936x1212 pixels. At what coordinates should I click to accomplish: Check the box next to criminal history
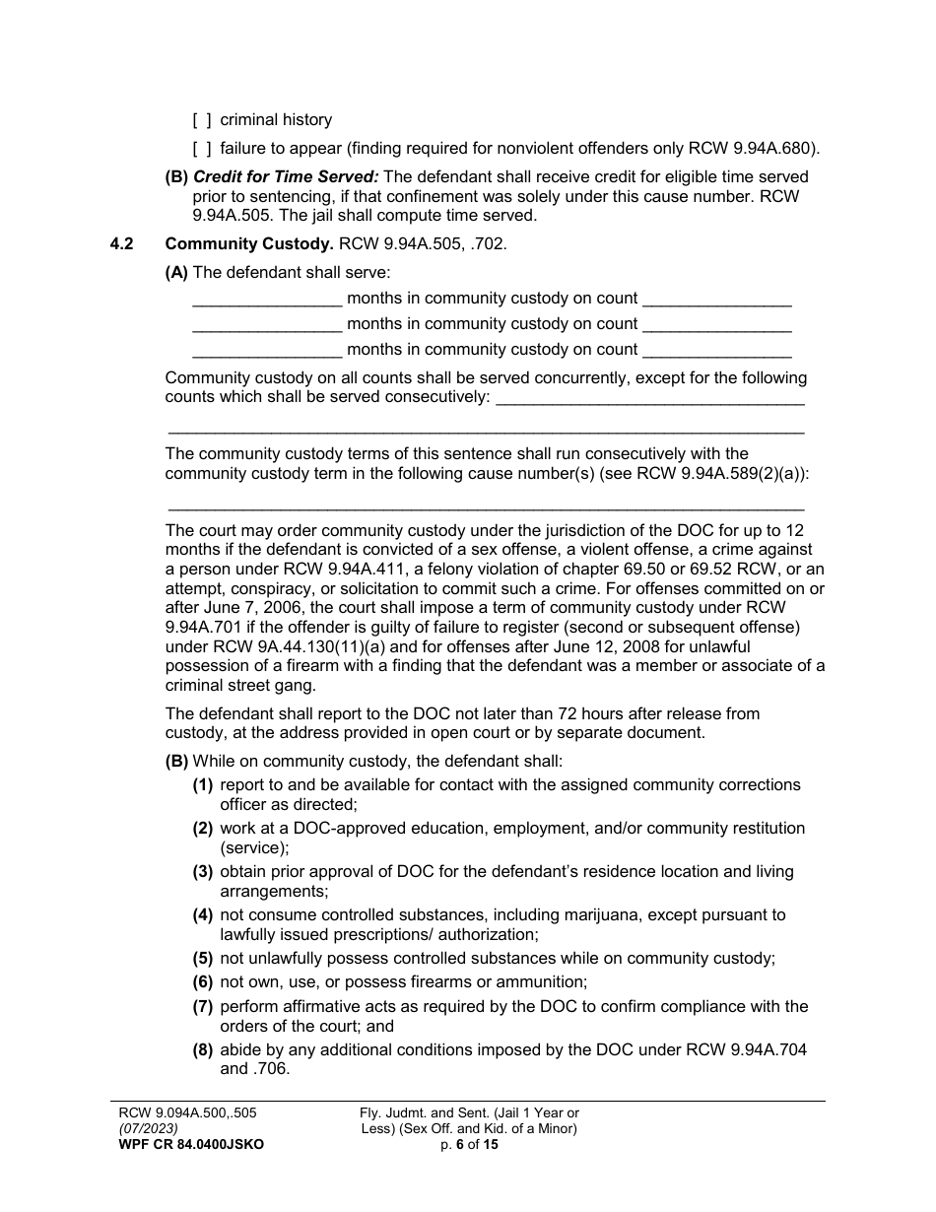pyautogui.click(x=201, y=120)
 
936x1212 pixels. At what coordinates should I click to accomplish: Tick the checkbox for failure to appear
pyautogui.click(x=201, y=150)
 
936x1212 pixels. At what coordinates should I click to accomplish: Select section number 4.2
pyautogui.click(x=120, y=243)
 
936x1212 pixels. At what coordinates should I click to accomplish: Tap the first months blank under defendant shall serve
pyautogui.click(x=266, y=300)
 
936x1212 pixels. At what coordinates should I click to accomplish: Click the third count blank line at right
pyautogui.click(x=716, y=351)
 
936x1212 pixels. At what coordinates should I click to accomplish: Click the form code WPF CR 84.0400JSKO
pyautogui.click(x=191, y=1145)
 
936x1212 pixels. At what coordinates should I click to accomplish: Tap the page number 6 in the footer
pyautogui.click(x=459, y=1145)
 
